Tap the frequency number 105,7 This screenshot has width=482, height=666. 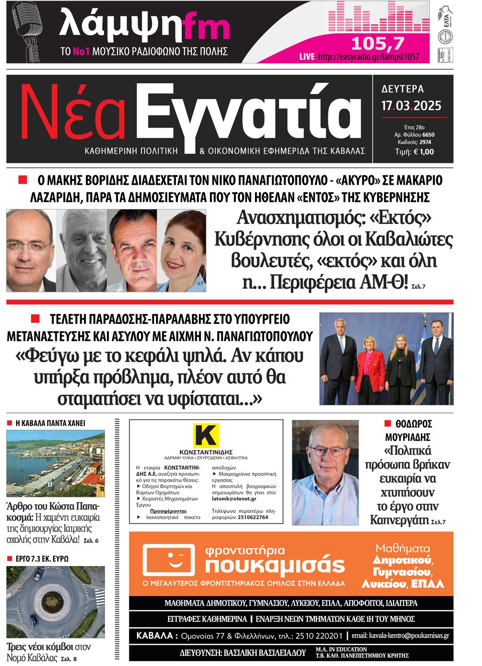tap(377, 43)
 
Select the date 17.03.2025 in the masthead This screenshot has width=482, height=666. tap(411, 106)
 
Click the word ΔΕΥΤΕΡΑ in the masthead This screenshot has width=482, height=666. tap(403, 89)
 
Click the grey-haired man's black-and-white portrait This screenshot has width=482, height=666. tap(82, 250)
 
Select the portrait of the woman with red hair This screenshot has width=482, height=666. tap(182, 250)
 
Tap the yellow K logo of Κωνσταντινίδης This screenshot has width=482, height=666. tap(206, 435)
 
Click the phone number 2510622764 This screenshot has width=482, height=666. tap(253, 517)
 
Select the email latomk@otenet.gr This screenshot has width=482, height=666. tap(234, 499)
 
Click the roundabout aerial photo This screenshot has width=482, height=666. tap(56, 601)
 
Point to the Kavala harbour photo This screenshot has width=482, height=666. tap(56, 463)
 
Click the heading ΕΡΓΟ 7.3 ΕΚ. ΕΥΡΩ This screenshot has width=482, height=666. tap(42, 559)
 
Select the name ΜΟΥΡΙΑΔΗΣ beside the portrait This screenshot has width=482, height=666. tap(408, 437)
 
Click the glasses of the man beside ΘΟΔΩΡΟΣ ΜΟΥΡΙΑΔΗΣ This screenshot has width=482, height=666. tap(325, 451)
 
